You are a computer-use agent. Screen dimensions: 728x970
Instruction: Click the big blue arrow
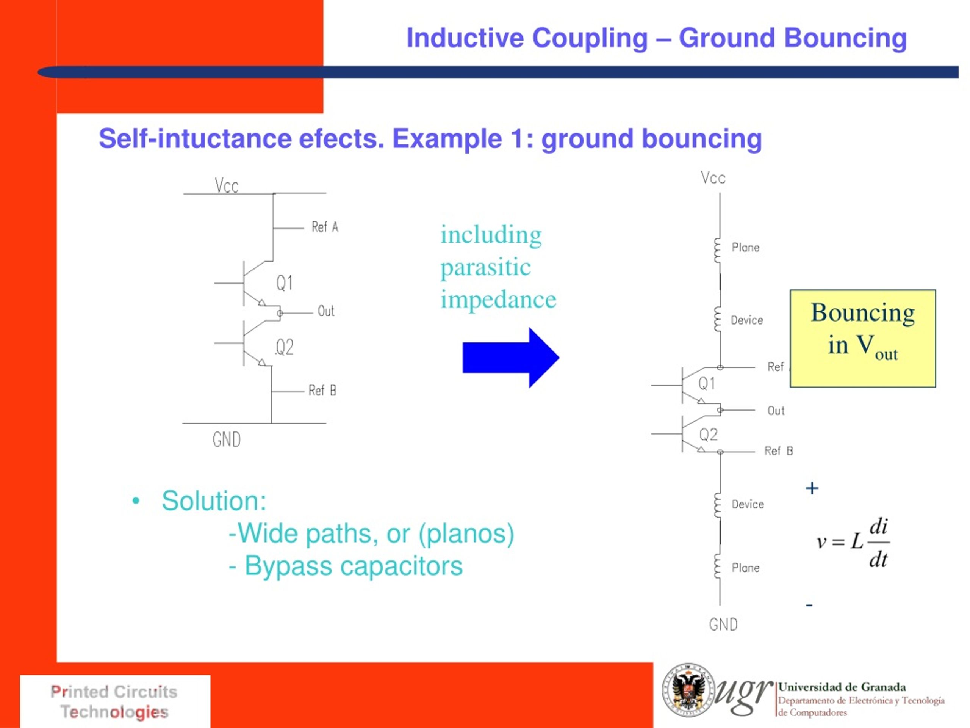coord(508,358)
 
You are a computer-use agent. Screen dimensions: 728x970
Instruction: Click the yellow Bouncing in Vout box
coord(862,338)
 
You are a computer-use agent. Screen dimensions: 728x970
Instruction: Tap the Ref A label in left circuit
coord(324,227)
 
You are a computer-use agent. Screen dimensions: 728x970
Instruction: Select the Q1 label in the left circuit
coord(284,282)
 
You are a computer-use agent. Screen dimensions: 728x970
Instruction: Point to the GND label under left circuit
coord(226,439)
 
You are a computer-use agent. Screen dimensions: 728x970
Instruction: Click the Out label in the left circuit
coord(326,311)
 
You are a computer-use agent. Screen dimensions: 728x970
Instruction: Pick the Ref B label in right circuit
coord(778,451)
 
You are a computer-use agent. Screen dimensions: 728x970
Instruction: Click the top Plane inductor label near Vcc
coord(745,248)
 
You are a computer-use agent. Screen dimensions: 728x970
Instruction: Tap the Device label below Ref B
coord(747,504)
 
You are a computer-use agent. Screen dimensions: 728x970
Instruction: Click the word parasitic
coord(485,267)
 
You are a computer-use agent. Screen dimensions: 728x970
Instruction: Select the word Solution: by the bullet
coord(214,501)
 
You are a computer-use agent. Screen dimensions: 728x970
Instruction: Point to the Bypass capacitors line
coord(346,566)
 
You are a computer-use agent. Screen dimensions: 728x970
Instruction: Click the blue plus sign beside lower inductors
coord(812,488)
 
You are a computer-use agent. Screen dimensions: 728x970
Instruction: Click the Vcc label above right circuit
coord(713,178)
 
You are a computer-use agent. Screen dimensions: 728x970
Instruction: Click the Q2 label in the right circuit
coord(708,435)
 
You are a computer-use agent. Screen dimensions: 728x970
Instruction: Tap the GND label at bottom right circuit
coord(723,624)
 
